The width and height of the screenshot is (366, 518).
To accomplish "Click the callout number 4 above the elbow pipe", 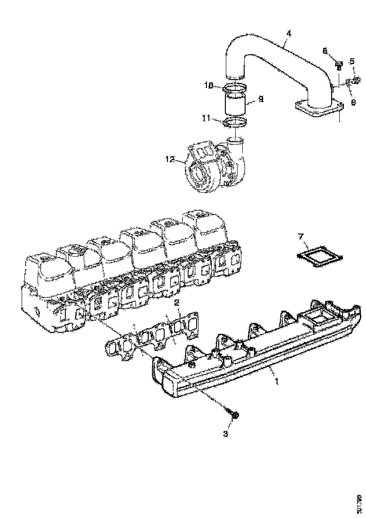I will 288,33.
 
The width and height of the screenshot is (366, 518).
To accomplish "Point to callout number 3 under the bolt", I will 226,433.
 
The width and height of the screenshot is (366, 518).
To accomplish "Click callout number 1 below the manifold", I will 277,382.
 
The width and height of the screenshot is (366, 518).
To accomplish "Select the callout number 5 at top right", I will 351,61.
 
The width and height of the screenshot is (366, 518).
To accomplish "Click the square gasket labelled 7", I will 320,257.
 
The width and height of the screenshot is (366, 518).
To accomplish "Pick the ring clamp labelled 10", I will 234,87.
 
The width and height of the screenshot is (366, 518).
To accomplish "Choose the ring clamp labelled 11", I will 234,122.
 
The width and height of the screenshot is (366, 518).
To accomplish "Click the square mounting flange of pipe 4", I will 318,108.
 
